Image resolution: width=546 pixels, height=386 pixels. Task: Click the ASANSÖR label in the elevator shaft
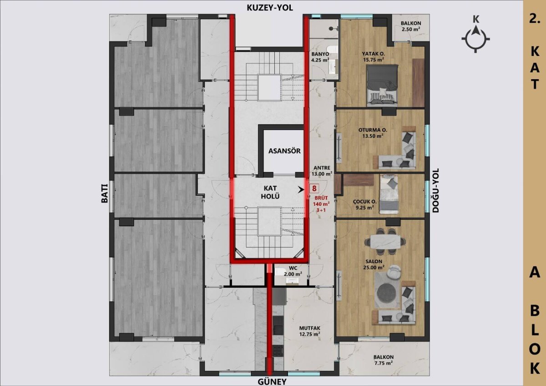284,151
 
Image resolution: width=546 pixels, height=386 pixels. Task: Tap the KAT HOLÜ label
270,192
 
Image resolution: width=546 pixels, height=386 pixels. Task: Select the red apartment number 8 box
314,188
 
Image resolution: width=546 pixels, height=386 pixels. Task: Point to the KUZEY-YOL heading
270,8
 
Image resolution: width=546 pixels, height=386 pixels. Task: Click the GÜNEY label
272,381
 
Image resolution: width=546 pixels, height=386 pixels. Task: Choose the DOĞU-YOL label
435,190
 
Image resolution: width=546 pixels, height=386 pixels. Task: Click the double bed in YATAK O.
383,85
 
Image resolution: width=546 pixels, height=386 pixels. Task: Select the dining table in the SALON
385,241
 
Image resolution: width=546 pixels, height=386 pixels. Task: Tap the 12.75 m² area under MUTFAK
309,334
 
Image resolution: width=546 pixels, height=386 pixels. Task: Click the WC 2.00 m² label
293,271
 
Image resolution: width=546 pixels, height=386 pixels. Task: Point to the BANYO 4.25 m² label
320,57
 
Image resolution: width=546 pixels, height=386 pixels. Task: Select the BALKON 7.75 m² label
384,360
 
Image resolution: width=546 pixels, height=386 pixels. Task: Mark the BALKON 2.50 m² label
411,26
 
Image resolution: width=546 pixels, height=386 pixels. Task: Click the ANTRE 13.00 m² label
322,171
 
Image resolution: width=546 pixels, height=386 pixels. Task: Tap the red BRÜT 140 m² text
322,201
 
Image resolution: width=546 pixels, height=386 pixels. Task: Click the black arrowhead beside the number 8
301,189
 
